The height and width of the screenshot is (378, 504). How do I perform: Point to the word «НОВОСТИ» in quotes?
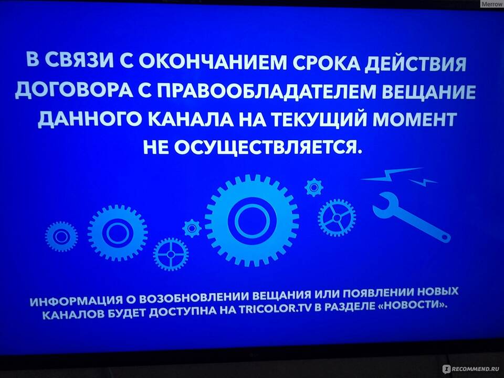(413, 304)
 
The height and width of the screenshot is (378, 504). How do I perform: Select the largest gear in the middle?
(252, 220)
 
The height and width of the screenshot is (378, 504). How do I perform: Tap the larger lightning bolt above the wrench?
(392, 174)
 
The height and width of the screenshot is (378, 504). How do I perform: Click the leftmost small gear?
(61, 237)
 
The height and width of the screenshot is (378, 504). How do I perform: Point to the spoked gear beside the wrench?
(337, 217)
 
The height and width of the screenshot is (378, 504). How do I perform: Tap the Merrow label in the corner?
(492, 4)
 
